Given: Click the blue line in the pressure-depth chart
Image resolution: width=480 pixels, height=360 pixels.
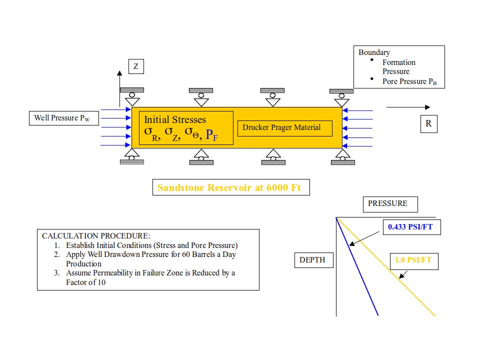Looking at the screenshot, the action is [357, 266].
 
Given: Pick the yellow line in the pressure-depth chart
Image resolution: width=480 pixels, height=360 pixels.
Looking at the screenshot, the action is [385, 266].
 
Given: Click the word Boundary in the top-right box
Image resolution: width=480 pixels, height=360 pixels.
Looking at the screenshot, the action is [374, 52].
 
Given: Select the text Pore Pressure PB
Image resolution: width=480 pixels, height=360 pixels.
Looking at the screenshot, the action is [409, 81].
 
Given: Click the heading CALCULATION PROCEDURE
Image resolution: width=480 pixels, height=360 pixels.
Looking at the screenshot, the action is [96, 236].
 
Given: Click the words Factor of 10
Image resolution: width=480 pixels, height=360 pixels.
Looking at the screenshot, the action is [85, 282].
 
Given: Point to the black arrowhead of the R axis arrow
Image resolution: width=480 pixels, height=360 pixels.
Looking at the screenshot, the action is [427, 107].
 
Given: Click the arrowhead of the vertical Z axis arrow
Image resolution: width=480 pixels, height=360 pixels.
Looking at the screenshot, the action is [119, 73].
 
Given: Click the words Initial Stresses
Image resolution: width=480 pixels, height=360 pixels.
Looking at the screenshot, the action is [175, 119].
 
